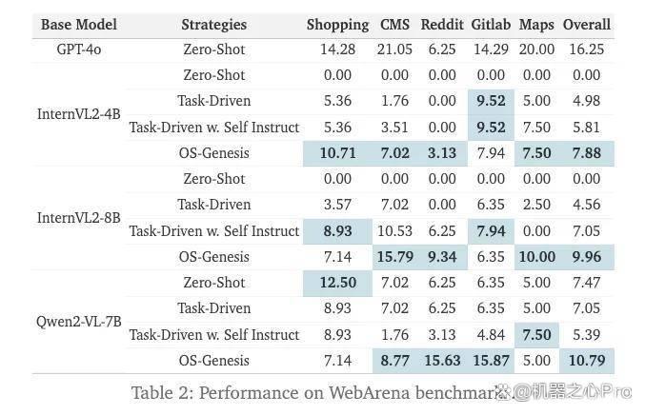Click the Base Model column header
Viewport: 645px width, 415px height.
[x=79, y=25]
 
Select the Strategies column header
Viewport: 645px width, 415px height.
[x=214, y=25]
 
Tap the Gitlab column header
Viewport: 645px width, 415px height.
[x=491, y=25]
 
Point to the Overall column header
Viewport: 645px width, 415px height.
[x=587, y=25]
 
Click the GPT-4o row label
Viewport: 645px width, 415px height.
[x=79, y=49]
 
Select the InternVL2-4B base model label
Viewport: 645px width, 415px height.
[x=79, y=114]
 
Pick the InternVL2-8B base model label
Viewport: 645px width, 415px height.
[x=79, y=218]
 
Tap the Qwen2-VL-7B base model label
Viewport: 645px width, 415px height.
[x=79, y=322]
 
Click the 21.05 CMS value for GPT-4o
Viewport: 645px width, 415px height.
[x=394, y=49]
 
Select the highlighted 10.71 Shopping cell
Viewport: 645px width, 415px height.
[x=337, y=153]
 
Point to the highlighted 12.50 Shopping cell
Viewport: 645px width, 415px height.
[x=337, y=283]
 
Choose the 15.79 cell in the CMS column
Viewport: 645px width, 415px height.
[x=394, y=257]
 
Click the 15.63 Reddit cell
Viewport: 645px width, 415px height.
[x=442, y=361]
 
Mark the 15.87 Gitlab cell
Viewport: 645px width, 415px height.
[x=491, y=361]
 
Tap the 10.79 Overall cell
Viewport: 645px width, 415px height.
[x=587, y=361]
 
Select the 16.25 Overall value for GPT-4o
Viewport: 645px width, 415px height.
[x=587, y=49]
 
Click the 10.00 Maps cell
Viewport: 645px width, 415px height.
[x=536, y=257]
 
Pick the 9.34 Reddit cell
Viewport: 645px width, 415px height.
[x=442, y=257]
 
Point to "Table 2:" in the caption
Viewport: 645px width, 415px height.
[x=162, y=393]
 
